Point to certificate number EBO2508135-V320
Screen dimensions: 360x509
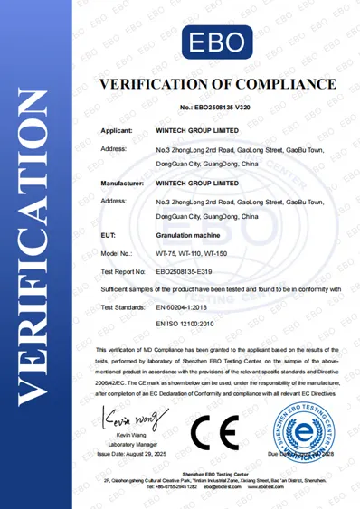(215, 107)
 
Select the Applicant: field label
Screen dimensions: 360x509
(118, 131)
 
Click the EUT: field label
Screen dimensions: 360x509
(109, 235)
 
